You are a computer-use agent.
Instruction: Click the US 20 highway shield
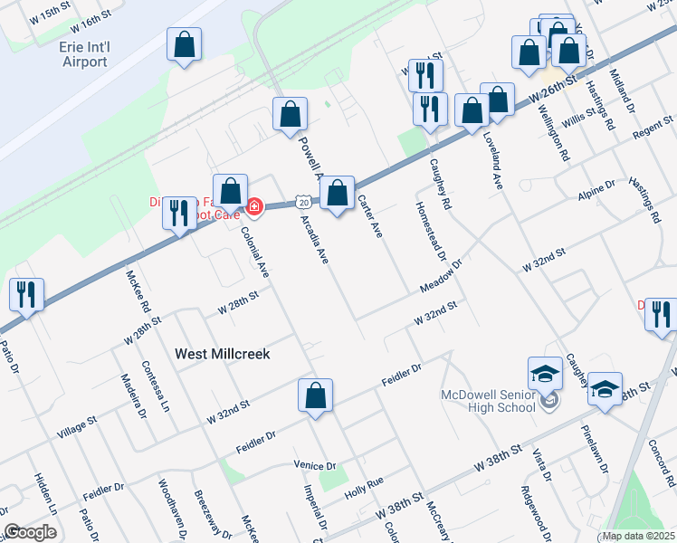(301, 201)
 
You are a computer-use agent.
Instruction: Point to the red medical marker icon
(255, 207)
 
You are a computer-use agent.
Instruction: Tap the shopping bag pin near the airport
(184, 45)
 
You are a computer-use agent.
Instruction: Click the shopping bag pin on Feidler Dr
(315, 395)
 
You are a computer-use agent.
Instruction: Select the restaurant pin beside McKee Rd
(178, 214)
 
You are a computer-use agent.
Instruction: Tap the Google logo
(30, 532)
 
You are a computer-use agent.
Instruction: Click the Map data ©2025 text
(639, 536)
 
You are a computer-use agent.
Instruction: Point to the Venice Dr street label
(315, 465)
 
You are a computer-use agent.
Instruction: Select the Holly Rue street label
(365, 489)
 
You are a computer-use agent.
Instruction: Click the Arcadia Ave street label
(314, 238)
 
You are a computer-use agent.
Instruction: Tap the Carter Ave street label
(371, 217)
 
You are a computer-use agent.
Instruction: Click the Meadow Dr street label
(441, 276)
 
